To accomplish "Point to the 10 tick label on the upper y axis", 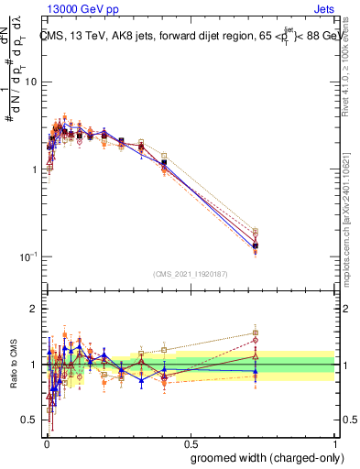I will pyautogui.click(x=29, y=82).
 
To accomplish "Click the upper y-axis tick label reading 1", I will pyautogui.click(x=32, y=170).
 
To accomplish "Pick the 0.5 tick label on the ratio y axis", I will pyautogui.click(x=28, y=420).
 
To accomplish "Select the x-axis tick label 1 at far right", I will pyautogui.click(x=336, y=443).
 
